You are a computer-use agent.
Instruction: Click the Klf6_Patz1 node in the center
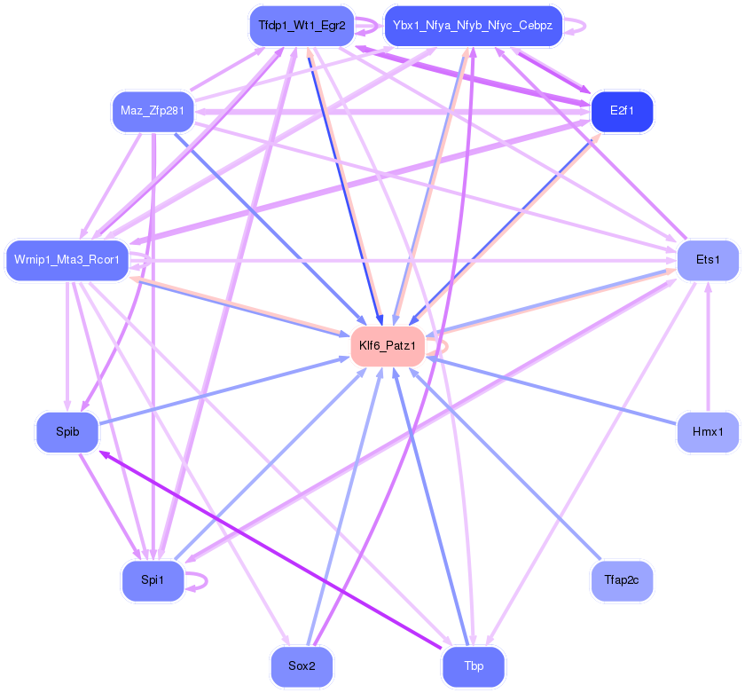388,345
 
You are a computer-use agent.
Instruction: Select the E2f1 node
622,111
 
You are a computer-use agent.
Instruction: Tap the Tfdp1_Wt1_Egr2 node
302,26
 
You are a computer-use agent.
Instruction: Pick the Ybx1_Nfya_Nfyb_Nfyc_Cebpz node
473,26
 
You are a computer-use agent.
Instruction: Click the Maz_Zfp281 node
153,111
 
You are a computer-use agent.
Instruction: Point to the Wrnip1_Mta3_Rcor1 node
67,260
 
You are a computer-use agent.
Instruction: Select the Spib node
67,432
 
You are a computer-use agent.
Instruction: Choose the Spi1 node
153,581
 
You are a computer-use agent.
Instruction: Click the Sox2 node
302,666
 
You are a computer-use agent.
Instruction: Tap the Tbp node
474,666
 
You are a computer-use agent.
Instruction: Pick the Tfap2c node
622,581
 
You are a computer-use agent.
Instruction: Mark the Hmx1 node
708,432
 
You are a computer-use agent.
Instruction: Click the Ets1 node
708,260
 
